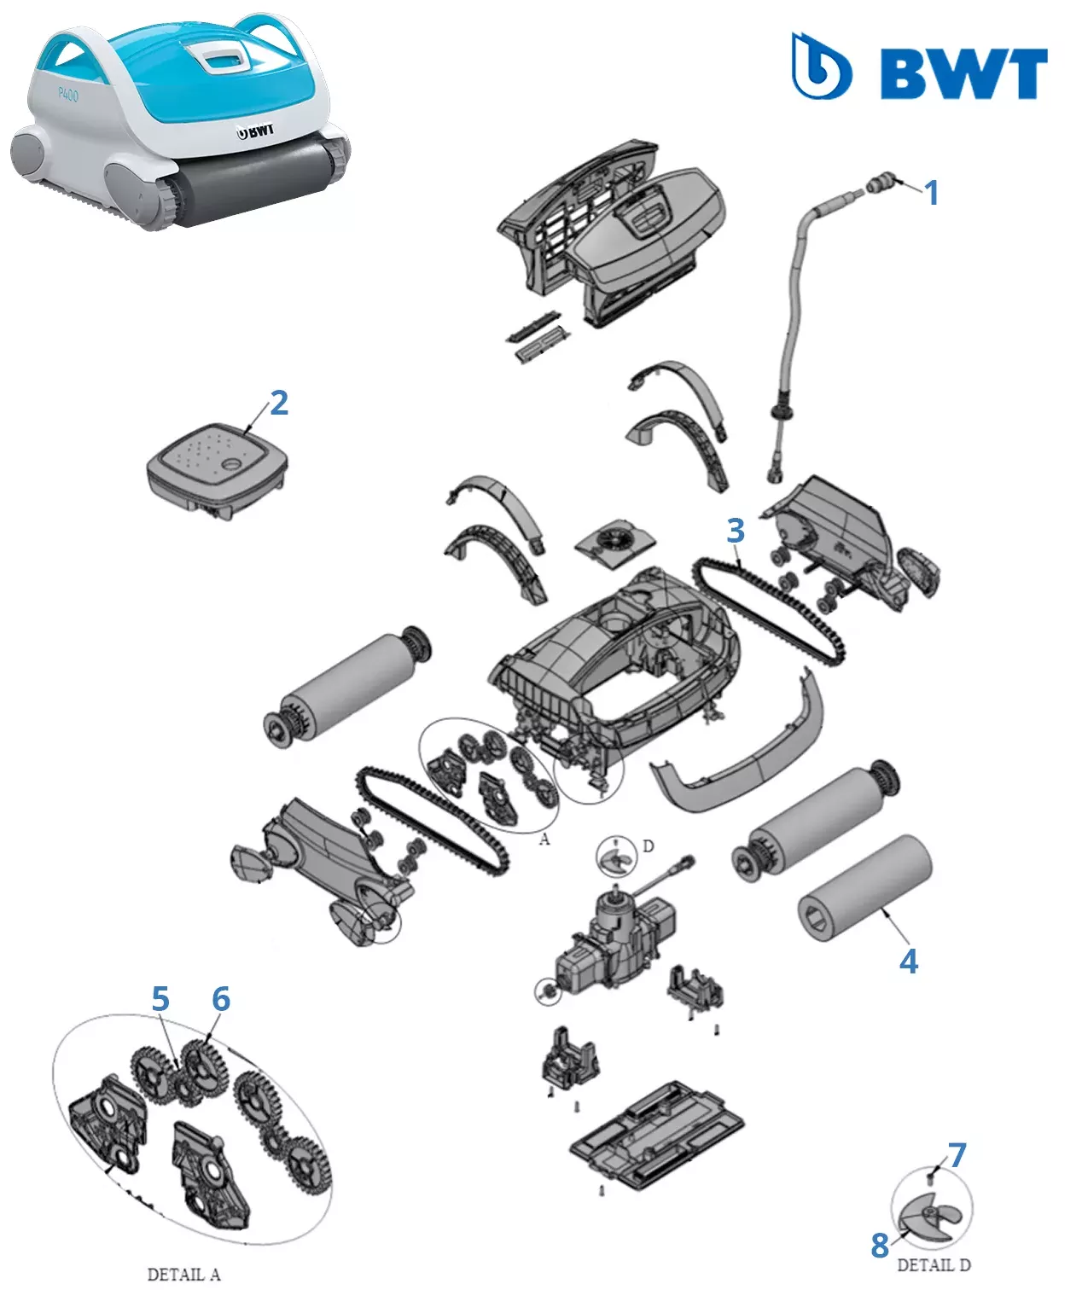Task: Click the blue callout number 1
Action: coord(932,193)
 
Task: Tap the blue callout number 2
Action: coord(279,403)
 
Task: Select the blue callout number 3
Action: coord(736,531)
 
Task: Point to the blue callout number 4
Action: coord(909,962)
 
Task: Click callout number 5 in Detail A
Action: coord(160,999)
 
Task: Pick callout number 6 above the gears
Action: coord(221,999)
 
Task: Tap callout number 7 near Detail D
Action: coord(957,1155)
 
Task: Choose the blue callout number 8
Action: coord(880,1246)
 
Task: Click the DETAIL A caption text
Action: coord(183,1275)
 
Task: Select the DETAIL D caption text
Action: coord(934,1265)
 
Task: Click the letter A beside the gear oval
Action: coord(544,840)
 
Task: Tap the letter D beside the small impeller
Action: coord(649,846)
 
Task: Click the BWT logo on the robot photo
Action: coord(256,131)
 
